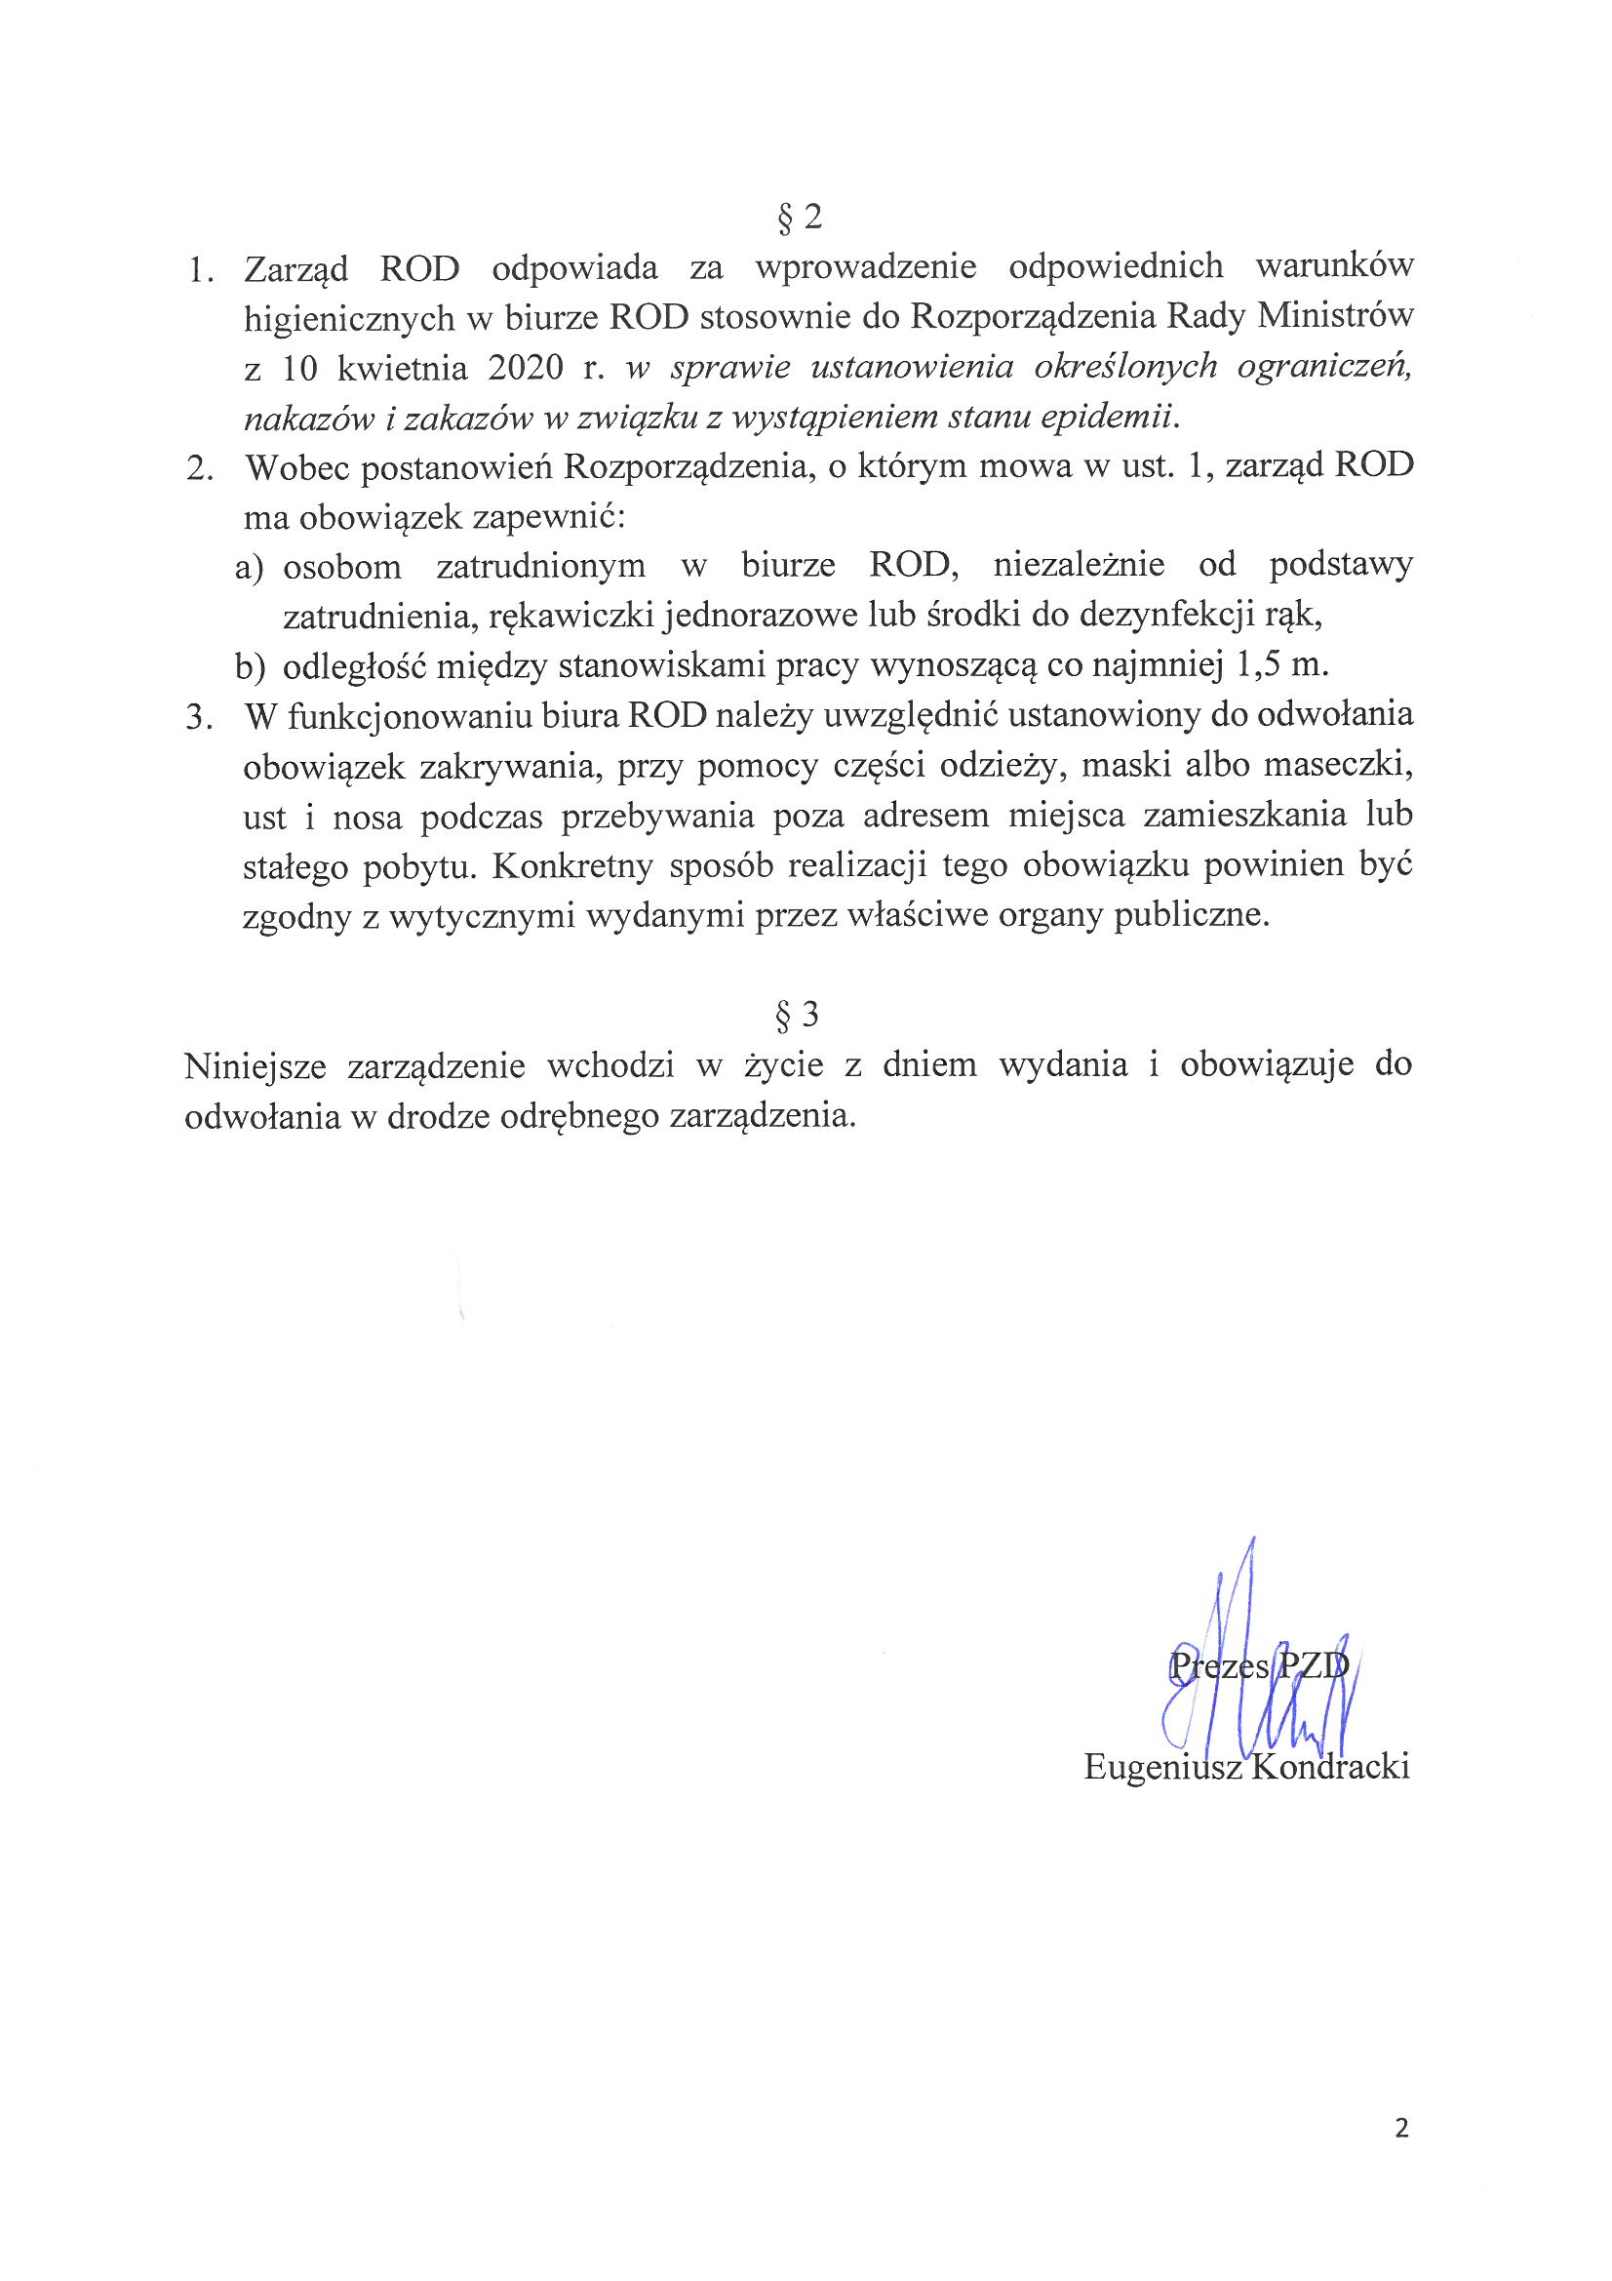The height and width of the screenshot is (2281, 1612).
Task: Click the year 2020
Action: [x=526, y=369]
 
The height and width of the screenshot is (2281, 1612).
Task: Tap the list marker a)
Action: [x=250, y=567]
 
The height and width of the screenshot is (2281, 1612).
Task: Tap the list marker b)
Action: [x=250, y=666]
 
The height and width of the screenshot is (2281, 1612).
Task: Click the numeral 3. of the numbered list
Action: [x=200, y=717]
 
